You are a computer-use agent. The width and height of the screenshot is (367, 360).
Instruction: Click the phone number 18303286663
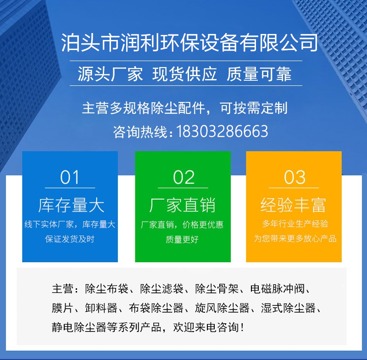point(222,131)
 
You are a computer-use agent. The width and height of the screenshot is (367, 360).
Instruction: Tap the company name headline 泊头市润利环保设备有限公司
point(189,43)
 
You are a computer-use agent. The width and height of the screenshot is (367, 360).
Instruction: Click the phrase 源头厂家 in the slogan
point(110,74)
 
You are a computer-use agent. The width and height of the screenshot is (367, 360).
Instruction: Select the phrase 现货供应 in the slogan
point(184,74)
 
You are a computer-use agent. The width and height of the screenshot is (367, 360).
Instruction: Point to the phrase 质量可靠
point(259,74)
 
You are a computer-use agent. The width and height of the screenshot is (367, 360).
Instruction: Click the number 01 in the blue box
point(70,177)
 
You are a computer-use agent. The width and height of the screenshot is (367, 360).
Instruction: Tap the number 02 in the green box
point(183,177)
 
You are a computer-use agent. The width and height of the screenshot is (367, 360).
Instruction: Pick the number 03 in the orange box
point(295,177)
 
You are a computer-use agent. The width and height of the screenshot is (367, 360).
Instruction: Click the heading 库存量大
point(72,205)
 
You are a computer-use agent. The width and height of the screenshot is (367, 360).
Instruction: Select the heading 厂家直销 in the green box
point(182,205)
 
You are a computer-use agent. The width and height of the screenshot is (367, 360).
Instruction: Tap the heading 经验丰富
point(293,205)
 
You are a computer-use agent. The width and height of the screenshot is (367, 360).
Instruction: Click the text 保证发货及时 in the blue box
point(70,239)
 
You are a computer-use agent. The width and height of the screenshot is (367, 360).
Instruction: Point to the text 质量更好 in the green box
point(182,239)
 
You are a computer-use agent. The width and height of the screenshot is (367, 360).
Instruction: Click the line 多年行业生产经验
point(295,224)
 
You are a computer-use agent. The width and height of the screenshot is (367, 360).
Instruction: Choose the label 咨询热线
point(140,132)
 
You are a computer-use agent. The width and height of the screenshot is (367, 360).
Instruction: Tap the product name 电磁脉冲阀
point(278,288)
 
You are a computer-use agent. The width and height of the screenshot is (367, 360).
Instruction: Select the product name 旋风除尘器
point(222,308)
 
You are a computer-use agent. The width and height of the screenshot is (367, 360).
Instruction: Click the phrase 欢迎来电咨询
point(206,327)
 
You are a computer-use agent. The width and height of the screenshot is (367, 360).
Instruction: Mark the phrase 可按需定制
point(254,108)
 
